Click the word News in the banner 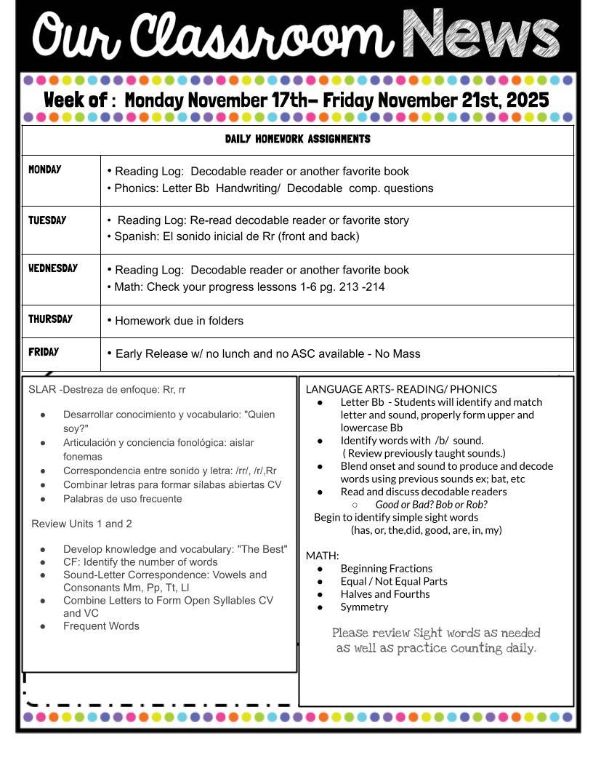pyautogui.click(x=480, y=35)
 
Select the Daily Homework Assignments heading pyautogui.click(x=297, y=139)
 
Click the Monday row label pyautogui.click(x=45, y=169)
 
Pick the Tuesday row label pyautogui.click(x=47, y=220)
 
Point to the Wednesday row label pyautogui.click(x=53, y=268)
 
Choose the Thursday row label pyautogui.click(x=50, y=319)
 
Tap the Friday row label pyautogui.click(x=44, y=352)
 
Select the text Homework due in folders pyautogui.click(x=179, y=321)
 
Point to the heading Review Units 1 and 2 pyautogui.click(x=81, y=524)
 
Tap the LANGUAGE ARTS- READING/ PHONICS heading pyautogui.click(x=401, y=389)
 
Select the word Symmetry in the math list pyautogui.click(x=364, y=607)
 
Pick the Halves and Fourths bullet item pyautogui.click(x=384, y=594)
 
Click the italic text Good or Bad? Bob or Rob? pyautogui.click(x=431, y=504)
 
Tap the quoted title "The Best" pyautogui.click(x=262, y=549)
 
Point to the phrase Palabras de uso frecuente pyautogui.click(x=122, y=499)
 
